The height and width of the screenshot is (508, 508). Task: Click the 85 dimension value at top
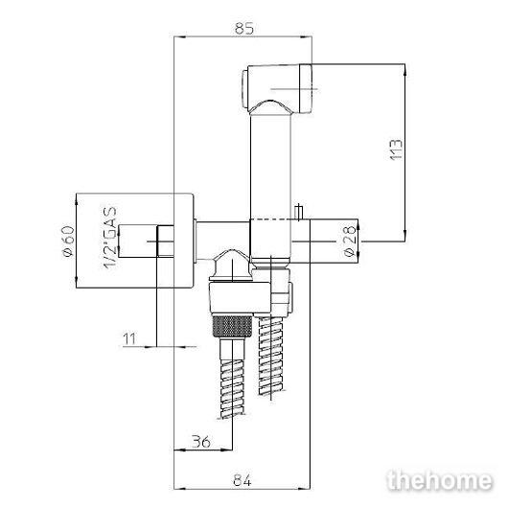(244, 28)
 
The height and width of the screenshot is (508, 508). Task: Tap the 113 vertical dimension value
(396, 150)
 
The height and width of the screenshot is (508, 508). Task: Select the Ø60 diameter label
(68, 242)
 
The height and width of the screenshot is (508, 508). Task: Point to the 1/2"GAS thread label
(110, 238)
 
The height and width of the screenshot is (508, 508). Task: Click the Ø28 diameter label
(350, 241)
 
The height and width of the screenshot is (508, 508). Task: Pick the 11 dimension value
(130, 339)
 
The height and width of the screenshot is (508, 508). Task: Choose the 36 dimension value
(200, 442)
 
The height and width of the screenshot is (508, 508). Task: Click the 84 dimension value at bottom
(242, 480)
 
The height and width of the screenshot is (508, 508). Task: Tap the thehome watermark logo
(440, 480)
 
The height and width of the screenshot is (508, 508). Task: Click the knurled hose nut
(232, 327)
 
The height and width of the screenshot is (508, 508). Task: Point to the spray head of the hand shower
(277, 89)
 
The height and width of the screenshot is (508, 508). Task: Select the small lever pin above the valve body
(299, 212)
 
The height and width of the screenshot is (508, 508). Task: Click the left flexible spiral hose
(232, 388)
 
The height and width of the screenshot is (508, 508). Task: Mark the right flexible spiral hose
(271, 356)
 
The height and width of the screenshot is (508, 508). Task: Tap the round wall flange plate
(184, 241)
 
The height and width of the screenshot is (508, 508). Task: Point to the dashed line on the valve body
(275, 220)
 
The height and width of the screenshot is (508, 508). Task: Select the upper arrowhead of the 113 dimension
(405, 70)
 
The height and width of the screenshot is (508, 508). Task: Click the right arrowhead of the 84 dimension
(304, 488)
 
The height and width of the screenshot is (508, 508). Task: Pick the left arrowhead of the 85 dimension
(180, 37)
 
